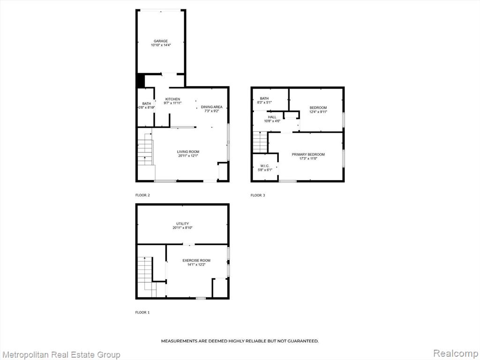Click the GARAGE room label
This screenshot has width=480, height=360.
coord(161,41)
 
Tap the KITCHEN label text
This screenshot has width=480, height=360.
coord(172,99)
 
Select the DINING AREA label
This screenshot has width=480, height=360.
coord(211,107)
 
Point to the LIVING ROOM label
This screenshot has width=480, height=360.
coord(188,151)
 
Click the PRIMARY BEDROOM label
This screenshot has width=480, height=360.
coord(308,154)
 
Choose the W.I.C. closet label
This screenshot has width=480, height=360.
coord(265,165)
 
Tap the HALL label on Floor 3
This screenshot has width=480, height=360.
coord(272,117)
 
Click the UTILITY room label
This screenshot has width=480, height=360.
coord(182,224)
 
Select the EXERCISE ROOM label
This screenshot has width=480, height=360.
coord(196,260)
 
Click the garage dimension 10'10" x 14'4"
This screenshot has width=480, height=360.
coord(161,45)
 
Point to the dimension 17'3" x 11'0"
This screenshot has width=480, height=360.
coord(308,158)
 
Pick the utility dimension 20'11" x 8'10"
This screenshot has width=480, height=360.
coord(182,227)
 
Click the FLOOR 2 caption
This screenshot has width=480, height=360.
coord(142,195)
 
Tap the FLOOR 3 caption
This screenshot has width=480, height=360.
coord(258,195)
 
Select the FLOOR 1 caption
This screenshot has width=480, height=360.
coord(142,313)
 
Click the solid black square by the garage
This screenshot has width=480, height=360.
coord(141,81)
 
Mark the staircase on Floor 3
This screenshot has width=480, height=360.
coord(260,142)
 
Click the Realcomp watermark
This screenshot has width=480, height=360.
coord(456,353)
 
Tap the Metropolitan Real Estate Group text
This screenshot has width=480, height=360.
coord(60,355)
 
